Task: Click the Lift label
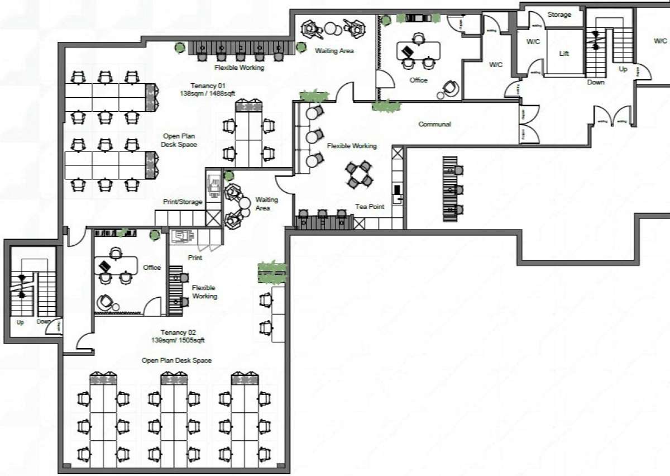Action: (x=564, y=54)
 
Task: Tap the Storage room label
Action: (x=559, y=15)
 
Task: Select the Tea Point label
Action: (x=370, y=207)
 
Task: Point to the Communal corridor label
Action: (x=434, y=124)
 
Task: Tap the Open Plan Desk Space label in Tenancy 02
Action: (x=176, y=360)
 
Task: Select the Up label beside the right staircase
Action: (x=623, y=69)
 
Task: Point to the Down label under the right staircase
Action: (x=596, y=83)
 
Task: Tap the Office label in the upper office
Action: (x=418, y=80)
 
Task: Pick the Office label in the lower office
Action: (x=152, y=268)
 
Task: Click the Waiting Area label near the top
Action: (x=334, y=51)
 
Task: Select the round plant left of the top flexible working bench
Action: (x=180, y=48)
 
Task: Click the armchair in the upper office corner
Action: (x=450, y=88)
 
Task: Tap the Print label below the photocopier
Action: (x=195, y=258)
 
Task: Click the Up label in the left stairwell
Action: (x=21, y=322)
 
